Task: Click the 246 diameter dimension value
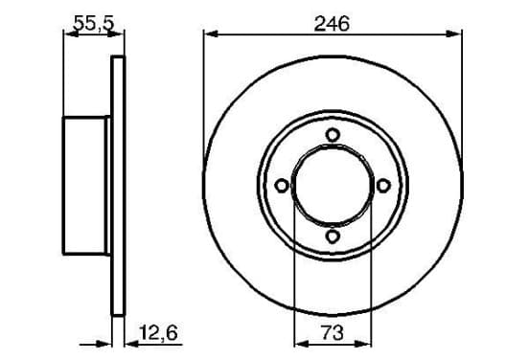point(332,24)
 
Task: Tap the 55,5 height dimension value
point(94,24)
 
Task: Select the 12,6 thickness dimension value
point(158,333)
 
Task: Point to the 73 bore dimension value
point(333,332)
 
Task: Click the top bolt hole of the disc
point(333,135)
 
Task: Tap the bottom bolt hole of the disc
point(333,236)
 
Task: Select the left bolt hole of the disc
point(282,186)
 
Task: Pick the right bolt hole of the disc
point(383,186)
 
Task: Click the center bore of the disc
point(333,186)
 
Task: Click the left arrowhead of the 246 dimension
point(211,34)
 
